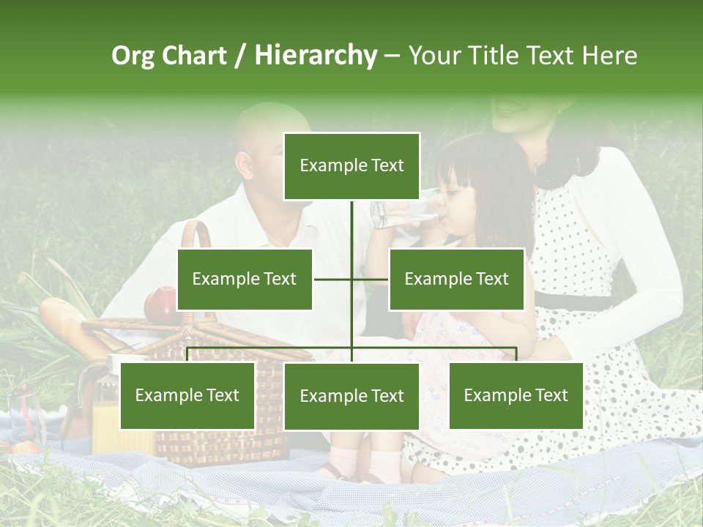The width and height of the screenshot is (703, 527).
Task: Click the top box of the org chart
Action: pos(351,166)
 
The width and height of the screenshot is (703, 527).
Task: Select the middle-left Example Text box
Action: pos(245,279)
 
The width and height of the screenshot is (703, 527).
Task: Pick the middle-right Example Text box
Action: pos(456,279)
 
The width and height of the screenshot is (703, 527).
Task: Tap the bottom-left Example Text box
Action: pos(187,396)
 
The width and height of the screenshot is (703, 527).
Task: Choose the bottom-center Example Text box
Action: pos(351,396)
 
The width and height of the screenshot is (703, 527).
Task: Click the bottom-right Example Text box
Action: pos(516,396)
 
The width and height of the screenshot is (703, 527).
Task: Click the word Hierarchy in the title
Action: pos(316,56)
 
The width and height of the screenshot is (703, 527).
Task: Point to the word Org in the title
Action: pos(133,56)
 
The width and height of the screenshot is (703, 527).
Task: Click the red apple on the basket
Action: pos(160,304)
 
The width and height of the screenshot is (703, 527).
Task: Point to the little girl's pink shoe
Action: pos(384,465)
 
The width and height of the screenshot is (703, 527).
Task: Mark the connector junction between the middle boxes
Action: pos(351,279)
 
